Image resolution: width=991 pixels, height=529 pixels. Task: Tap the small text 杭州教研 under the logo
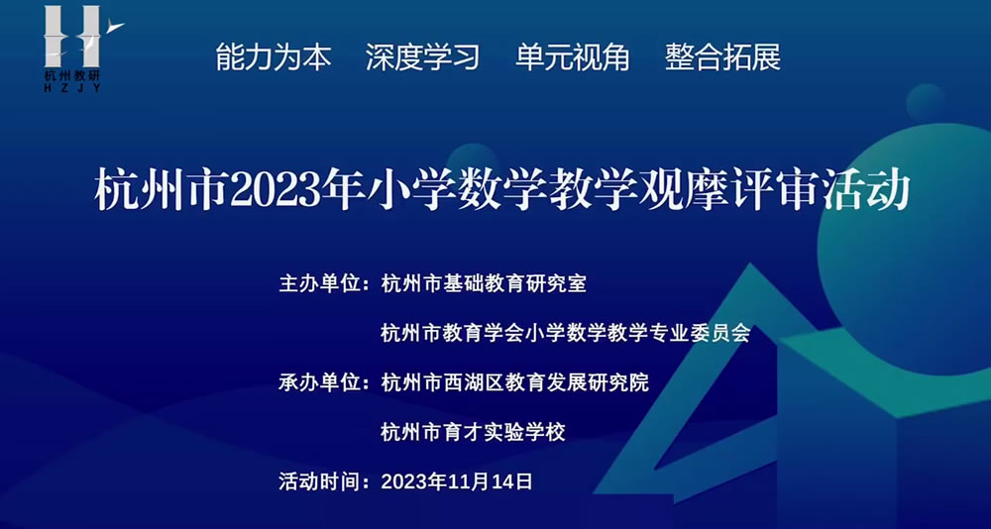coord(72,74)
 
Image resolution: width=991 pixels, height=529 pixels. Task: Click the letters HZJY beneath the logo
coord(72,88)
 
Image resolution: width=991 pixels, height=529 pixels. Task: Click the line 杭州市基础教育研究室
coord(485,283)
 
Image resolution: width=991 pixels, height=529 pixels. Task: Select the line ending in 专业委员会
coord(566,333)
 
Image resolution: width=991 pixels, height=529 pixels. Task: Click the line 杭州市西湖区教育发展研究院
coord(515,382)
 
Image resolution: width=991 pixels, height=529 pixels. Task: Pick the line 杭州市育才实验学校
coord(474,432)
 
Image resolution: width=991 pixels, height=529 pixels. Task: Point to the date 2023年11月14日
coord(457,481)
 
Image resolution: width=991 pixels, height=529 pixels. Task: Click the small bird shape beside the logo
coord(115,26)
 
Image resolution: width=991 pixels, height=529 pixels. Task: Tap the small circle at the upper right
coord(926,102)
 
